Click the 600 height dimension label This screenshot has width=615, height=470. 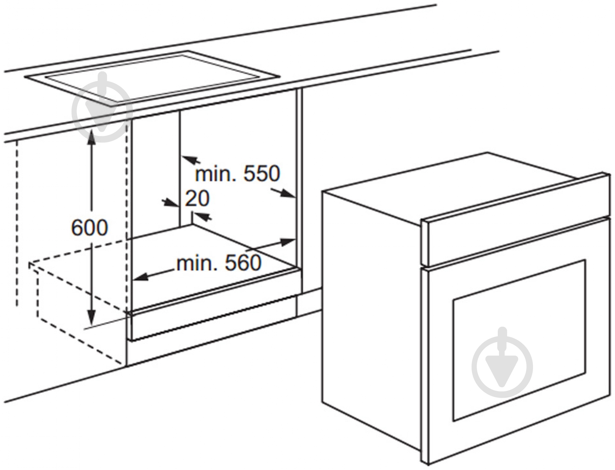pos(90,228)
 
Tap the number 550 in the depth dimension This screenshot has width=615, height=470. pos(261,173)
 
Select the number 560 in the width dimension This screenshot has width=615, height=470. pos(243,263)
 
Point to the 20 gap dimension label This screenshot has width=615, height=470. pos(197,198)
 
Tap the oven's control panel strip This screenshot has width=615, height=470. pos(517,221)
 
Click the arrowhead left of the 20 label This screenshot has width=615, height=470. pos(170,203)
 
